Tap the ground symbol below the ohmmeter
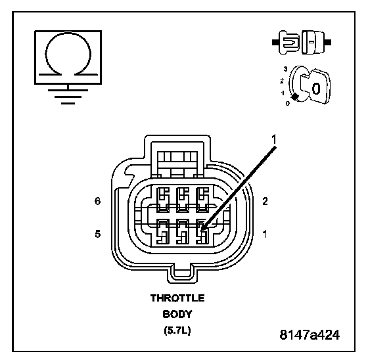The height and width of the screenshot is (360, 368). click(x=68, y=96)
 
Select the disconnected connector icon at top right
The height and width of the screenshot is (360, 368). click(x=302, y=42)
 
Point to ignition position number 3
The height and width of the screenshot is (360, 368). click(x=285, y=69)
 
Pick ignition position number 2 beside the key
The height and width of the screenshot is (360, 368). click(x=282, y=81)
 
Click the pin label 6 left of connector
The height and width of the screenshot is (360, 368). click(x=98, y=201)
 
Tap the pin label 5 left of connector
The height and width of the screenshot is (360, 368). click(x=98, y=234)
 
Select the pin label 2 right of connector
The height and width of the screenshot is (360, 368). click(x=265, y=201)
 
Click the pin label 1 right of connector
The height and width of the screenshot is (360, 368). click(x=265, y=234)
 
